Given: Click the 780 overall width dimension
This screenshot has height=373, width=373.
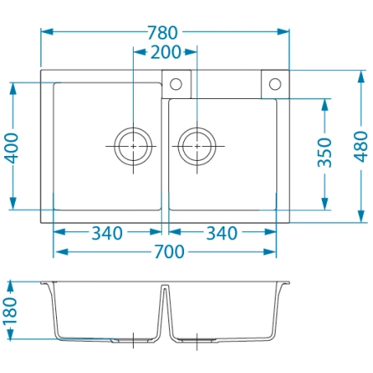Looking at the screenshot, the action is [163, 32].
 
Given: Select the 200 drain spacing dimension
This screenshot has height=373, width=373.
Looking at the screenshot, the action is [166, 52].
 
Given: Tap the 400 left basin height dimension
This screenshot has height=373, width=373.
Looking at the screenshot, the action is [11, 148].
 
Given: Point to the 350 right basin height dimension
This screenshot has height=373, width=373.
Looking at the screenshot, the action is [324, 153].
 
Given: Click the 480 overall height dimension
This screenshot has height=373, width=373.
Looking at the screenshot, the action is [361, 147].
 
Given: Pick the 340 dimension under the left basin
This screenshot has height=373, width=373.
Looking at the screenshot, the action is [107, 234].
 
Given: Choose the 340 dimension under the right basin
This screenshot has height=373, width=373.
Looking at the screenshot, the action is [222, 234].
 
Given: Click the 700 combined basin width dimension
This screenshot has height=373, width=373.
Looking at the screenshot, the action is [169, 252].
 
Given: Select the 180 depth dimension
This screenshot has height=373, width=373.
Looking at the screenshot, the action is [10, 311].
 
